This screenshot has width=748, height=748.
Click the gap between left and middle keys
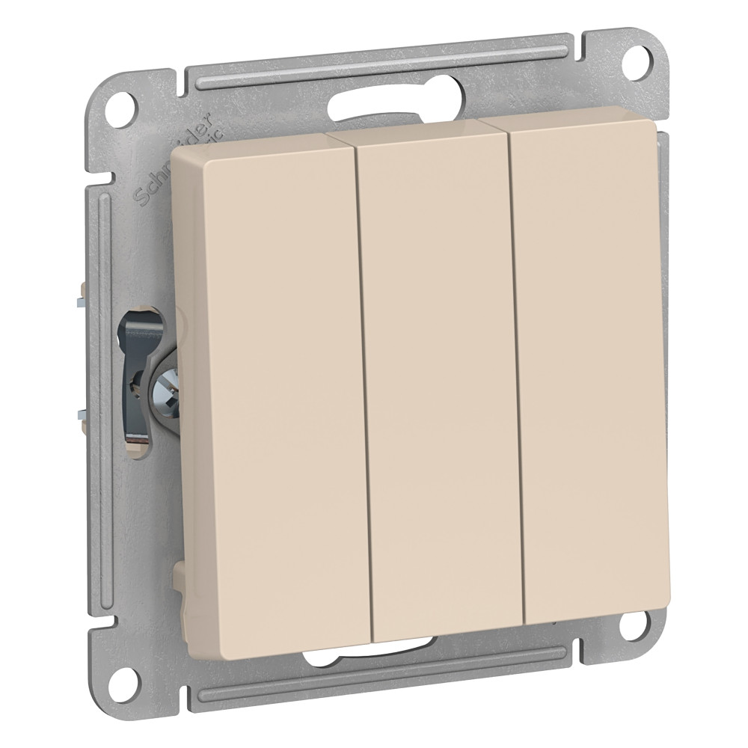click(x=363, y=374)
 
